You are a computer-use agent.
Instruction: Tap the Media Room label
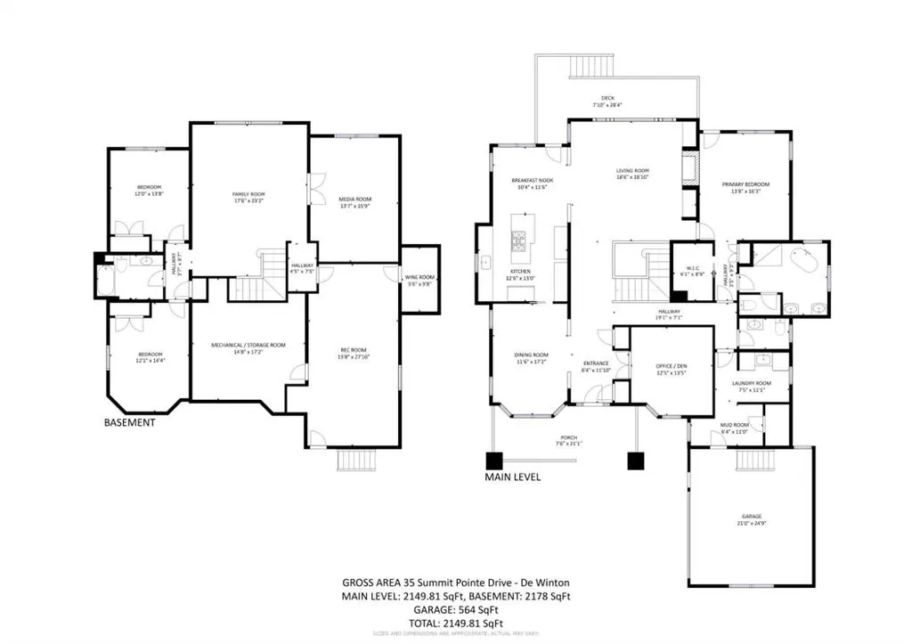tap(354, 202)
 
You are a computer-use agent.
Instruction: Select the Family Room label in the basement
tap(249, 197)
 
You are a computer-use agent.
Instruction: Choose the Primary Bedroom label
tap(745, 188)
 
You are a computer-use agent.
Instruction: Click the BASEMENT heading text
tap(130, 423)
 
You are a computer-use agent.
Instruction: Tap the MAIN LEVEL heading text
tap(512, 477)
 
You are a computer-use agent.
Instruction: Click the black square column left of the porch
tap(493, 461)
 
